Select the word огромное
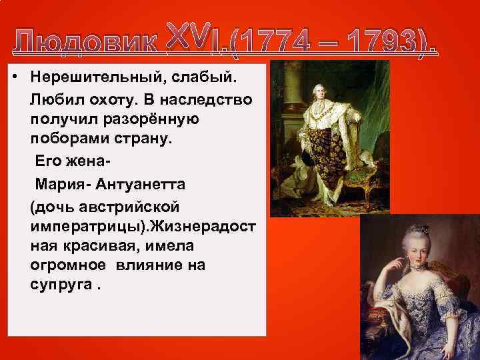coord(68,265)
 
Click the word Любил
coord(51,99)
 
